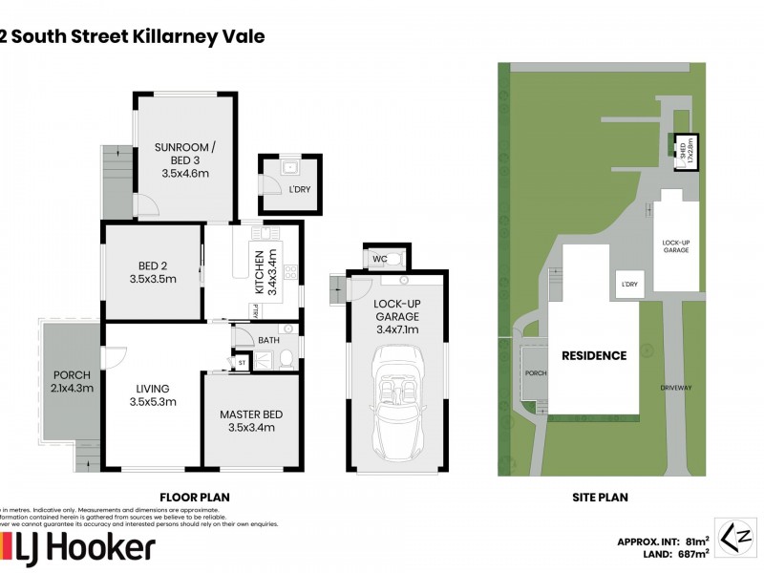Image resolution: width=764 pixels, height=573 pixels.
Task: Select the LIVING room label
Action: coord(153,389)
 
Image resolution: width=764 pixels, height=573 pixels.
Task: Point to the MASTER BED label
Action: coord(247,414)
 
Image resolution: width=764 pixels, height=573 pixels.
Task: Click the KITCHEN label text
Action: coord(257,271)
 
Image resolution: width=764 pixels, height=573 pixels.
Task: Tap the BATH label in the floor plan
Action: coord(268,339)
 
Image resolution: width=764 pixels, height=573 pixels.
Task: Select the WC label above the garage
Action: coord(380,259)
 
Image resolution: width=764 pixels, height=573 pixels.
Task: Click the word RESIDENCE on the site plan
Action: coord(594,355)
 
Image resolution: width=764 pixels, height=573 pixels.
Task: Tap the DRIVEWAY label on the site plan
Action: coord(675,388)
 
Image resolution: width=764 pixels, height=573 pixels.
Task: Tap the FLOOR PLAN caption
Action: coord(195,497)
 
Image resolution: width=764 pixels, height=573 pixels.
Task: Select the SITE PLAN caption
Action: coord(598,497)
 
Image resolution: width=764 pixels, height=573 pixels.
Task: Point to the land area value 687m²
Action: coord(689,553)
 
